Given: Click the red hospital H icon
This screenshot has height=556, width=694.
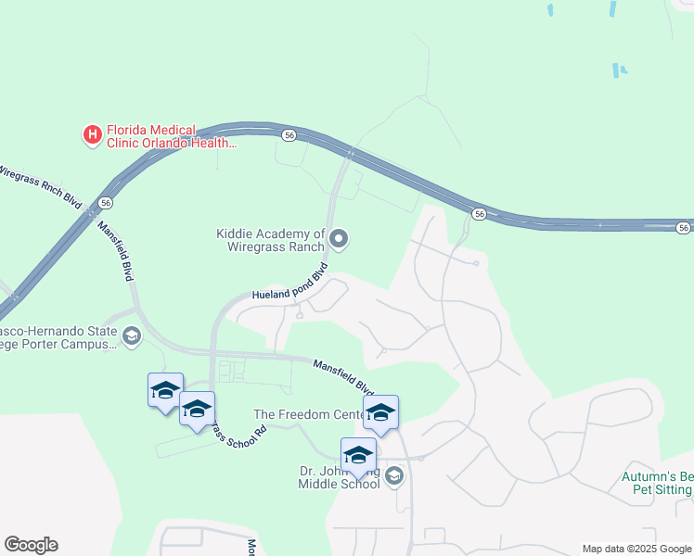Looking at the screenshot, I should (x=93, y=135).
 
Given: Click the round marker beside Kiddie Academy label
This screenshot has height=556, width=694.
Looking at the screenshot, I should (x=339, y=240).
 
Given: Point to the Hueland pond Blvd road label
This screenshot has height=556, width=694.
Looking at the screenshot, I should (x=290, y=285).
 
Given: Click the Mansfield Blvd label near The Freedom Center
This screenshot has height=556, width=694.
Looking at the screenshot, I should (x=342, y=377).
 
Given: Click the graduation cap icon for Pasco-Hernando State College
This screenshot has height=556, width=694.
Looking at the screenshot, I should (x=131, y=335).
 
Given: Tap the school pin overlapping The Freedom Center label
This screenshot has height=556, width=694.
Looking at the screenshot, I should (x=380, y=412).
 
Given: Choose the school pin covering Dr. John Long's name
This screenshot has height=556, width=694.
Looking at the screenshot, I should (x=358, y=455).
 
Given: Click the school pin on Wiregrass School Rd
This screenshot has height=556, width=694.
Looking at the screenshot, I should (x=197, y=409).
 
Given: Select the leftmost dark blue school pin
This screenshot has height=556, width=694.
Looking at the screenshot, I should (x=165, y=390).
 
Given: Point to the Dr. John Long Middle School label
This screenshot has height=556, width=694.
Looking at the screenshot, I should (x=339, y=477).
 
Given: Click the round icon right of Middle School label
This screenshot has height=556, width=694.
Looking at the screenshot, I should (x=394, y=476).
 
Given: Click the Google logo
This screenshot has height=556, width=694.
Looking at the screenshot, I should (x=31, y=545).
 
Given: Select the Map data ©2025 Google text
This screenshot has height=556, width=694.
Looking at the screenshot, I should (x=636, y=549).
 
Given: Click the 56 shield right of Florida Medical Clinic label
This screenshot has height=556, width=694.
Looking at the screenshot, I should (x=289, y=135).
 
